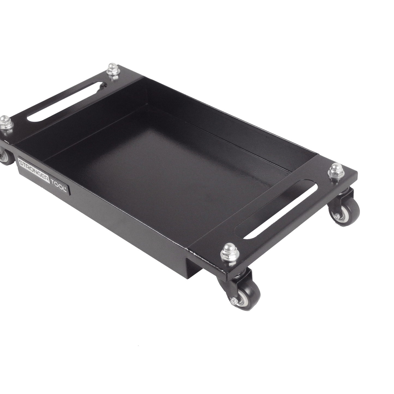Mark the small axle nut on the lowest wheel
pos(233,301)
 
